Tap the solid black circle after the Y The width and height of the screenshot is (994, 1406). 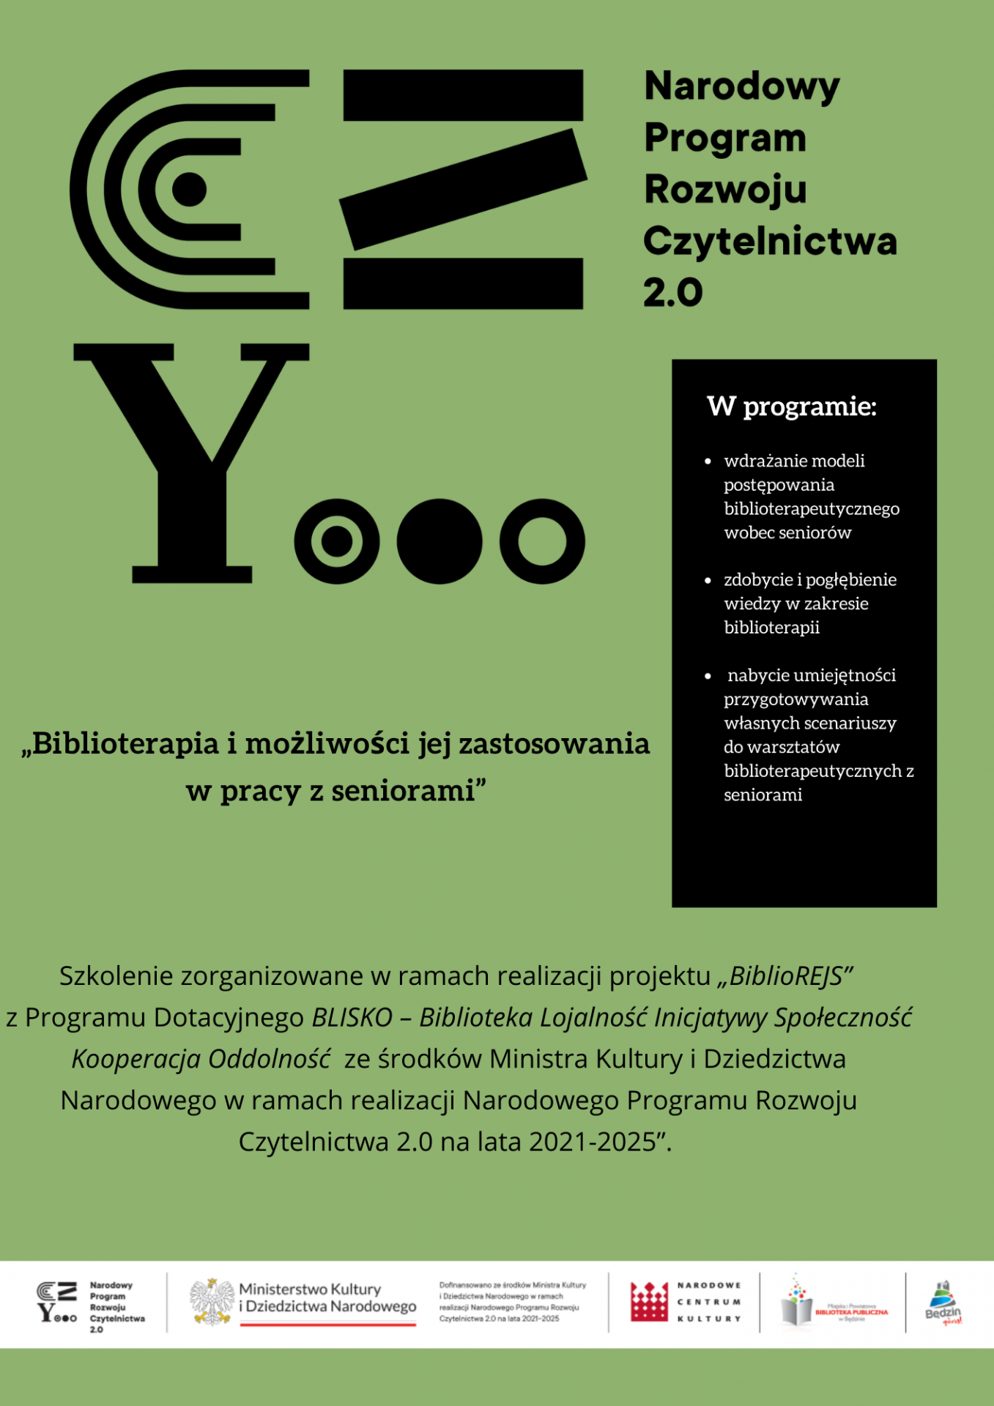(439, 541)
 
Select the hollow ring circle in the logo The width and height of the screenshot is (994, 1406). (542, 541)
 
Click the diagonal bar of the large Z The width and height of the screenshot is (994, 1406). (463, 189)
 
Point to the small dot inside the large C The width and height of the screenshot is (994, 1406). (190, 189)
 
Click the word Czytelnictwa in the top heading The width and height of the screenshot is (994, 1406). (770, 242)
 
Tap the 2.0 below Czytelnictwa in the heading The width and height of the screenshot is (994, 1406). (672, 293)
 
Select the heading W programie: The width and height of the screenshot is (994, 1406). (791, 406)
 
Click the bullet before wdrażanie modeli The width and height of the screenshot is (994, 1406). (708, 461)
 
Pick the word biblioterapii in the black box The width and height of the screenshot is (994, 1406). (771, 628)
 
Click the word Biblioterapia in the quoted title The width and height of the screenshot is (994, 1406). (125, 744)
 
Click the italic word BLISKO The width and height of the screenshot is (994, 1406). (352, 1018)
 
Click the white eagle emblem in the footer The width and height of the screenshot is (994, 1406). (212, 1303)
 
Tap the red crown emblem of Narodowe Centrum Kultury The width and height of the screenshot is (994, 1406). (649, 1303)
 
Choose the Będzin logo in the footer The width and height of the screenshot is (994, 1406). (943, 1303)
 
